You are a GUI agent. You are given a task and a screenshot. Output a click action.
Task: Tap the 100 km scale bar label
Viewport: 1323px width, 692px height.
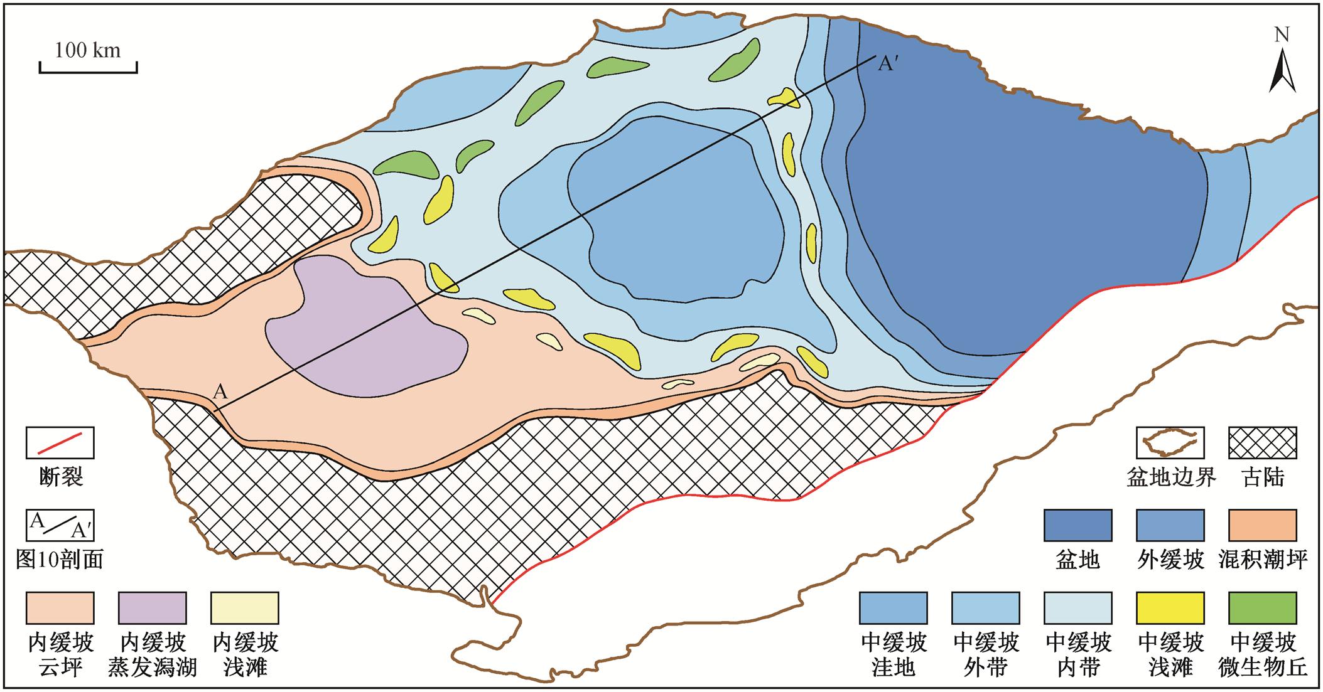coord(87,50)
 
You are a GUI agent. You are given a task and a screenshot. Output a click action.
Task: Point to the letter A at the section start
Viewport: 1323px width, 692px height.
coord(220,392)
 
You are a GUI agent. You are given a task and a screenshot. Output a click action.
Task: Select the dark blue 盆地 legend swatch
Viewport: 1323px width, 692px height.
coord(1077,525)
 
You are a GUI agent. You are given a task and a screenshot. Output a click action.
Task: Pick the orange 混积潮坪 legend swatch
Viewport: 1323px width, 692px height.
coord(1263,525)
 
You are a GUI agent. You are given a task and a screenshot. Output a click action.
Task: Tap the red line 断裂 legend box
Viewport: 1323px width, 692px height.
coord(60,443)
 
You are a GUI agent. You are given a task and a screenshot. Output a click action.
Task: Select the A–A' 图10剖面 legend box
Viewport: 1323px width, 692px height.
coord(60,525)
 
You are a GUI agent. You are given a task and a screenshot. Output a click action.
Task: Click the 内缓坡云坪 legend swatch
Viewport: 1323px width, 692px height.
coord(60,608)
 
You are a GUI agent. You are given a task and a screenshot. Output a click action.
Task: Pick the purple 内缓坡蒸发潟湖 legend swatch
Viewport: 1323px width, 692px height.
coord(153,608)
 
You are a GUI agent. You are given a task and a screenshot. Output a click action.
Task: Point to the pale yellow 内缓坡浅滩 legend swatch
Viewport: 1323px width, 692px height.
coord(245,608)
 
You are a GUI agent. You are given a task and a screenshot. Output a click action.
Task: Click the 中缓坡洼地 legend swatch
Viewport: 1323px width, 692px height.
coord(893,608)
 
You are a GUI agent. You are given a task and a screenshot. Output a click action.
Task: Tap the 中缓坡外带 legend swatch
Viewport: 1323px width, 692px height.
coord(985,608)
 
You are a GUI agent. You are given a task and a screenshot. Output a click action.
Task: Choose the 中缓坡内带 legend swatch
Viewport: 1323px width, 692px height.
coord(1077,608)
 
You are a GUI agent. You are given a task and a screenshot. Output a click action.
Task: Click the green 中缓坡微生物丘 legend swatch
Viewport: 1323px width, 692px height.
coord(1263,608)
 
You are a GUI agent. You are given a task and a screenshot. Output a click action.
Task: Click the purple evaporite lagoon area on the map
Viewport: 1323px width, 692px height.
coord(364,333)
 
